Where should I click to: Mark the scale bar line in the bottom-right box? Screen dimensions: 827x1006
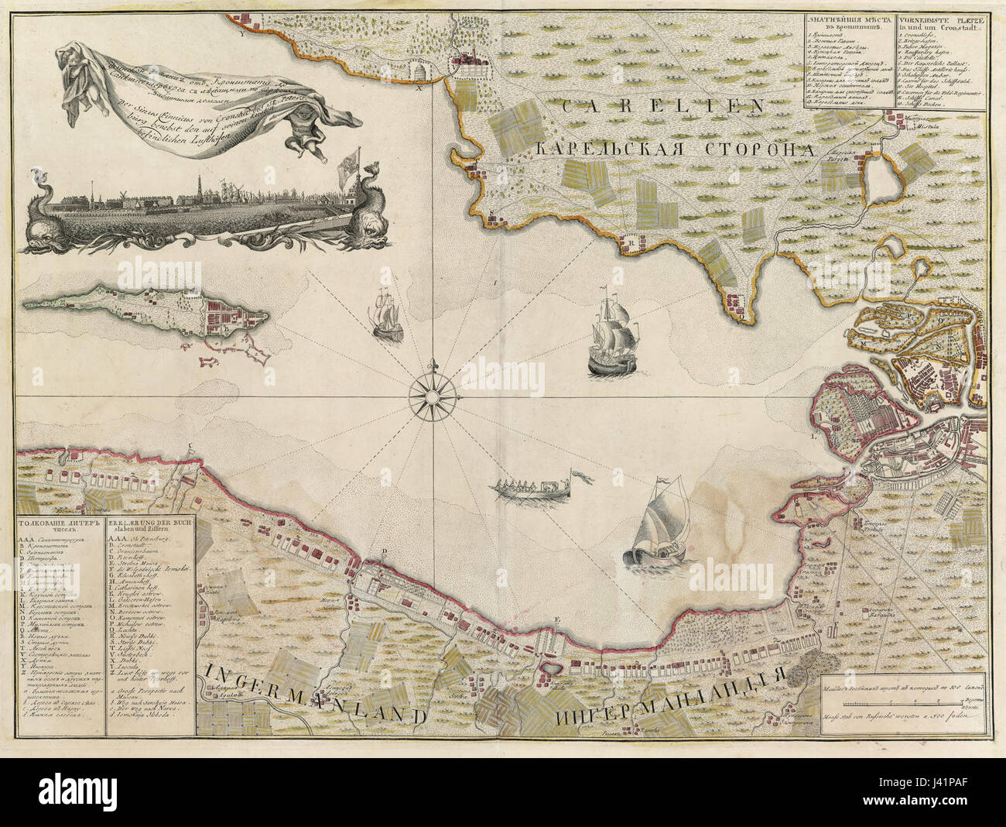pos(890,704)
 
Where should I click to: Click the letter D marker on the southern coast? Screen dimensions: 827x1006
pos(384,552)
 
